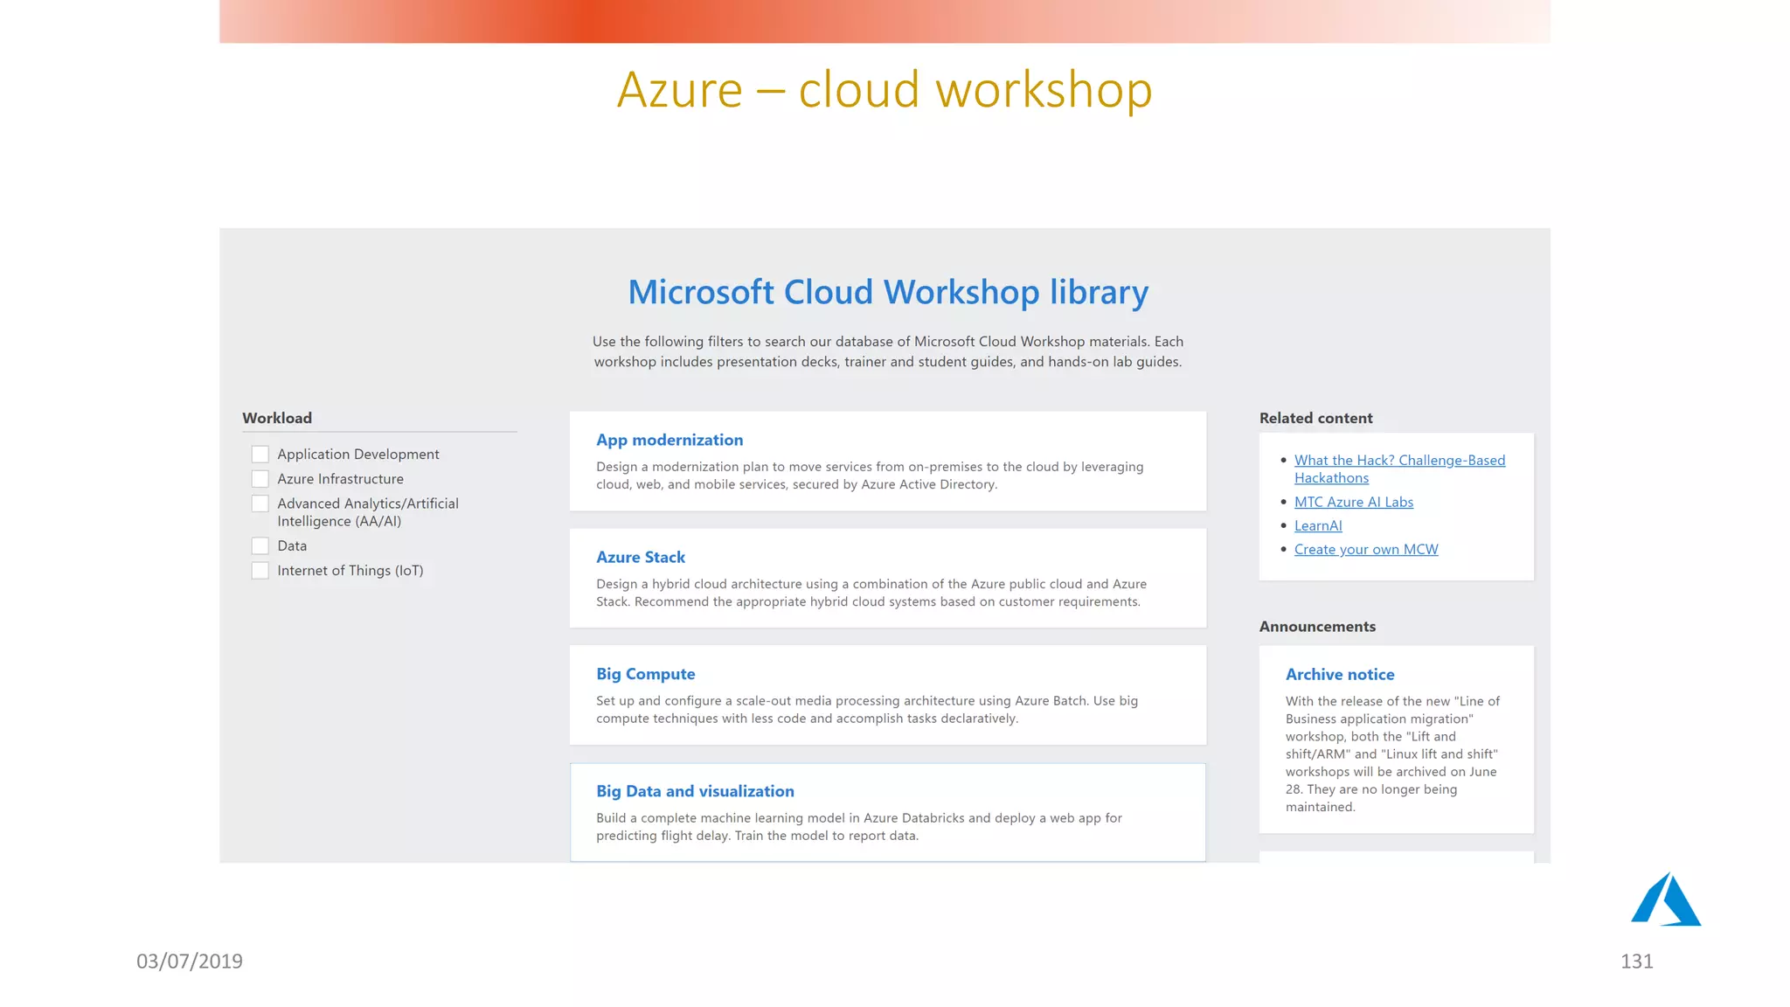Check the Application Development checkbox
(x=260, y=454)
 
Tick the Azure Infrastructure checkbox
(x=260, y=479)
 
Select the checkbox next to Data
(x=260, y=545)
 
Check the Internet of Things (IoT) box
(x=260, y=571)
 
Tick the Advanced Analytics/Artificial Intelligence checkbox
(x=260, y=503)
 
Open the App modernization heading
(x=670, y=440)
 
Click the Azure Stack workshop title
(x=641, y=557)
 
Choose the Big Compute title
(x=646, y=674)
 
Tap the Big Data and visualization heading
(x=695, y=791)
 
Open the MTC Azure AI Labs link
(x=1353, y=502)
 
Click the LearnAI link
(x=1318, y=525)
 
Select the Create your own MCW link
(x=1366, y=549)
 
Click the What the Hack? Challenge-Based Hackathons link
(x=1399, y=461)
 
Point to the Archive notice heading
(x=1340, y=674)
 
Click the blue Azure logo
(x=1665, y=900)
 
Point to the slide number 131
(x=1636, y=962)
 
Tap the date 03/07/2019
(x=190, y=962)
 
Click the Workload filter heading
(x=277, y=418)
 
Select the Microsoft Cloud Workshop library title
(x=888, y=292)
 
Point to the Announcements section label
(x=1317, y=627)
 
